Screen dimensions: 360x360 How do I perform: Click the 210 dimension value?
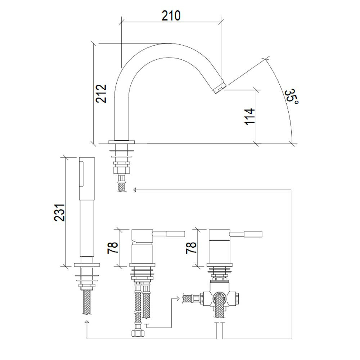pyautogui.click(x=171, y=15)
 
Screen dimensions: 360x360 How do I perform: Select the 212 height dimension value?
pyautogui.click(x=101, y=94)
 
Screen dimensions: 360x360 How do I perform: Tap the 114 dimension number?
pyautogui.click(x=250, y=116)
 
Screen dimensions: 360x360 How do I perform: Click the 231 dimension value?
pyautogui.click(x=59, y=212)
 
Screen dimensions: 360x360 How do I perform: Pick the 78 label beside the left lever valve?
pyautogui.click(x=113, y=248)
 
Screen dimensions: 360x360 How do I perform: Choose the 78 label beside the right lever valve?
pyautogui.click(x=191, y=248)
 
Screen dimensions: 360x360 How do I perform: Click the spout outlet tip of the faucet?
pyautogui.click(x=220, y=88)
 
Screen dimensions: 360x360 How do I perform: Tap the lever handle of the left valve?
pyautogui.click(x=169, y=234)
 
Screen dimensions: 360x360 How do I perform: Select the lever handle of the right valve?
pyautogui.click(x=246, y=234)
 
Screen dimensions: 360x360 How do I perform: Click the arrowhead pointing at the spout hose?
pyautogui.click(x=135, y=190)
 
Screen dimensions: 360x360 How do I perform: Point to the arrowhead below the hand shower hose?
pyautogui.click(x=87, y=322)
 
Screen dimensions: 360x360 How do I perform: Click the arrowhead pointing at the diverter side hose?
pyautogui.click(x=177, y=298)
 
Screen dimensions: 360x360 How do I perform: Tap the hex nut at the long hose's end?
pyautogui.click(x=138, y=333)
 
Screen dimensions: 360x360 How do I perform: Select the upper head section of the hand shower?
pyautogui.click(x=87, y=178)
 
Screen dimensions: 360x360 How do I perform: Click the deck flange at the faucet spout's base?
pyautogui.click(x=122, y=141)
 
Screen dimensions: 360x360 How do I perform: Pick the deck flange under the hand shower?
pyautogui.click(x=87, y=265)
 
